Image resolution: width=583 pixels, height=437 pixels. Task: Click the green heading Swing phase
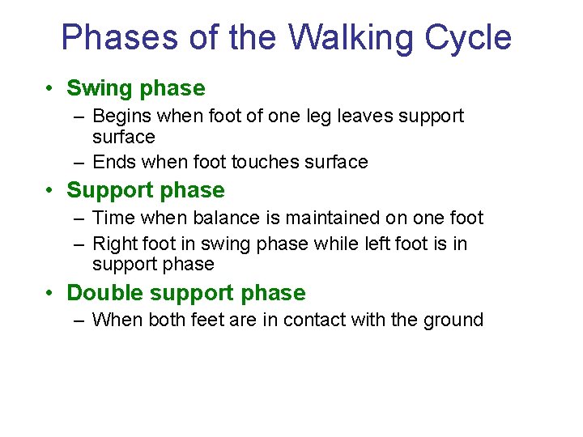point(135,88)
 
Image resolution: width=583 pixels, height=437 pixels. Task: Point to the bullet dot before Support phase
point(51,191)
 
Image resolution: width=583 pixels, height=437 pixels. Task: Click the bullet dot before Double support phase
point(51,294)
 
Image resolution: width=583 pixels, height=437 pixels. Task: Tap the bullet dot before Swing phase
point(51,89)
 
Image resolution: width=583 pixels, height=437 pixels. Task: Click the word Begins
point(120,117)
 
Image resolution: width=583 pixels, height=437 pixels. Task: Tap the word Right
point(115,244)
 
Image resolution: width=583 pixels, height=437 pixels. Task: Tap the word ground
point(453,320)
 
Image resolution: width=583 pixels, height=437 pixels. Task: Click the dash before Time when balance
point(78,218)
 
